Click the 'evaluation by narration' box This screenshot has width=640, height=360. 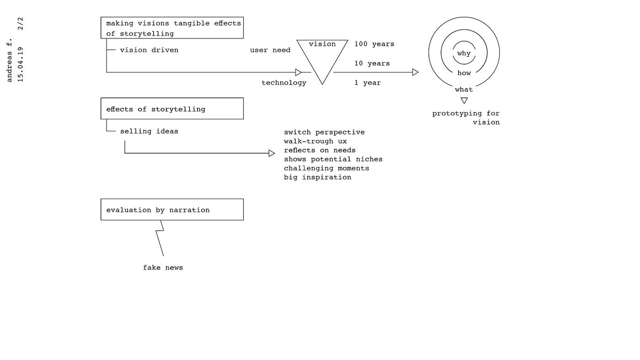point(172,210)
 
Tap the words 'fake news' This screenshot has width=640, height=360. point(163,268)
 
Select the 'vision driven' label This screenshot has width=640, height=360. point(149,50)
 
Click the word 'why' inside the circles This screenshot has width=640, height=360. point(464,53)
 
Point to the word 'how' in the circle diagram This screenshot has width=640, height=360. point(464,73)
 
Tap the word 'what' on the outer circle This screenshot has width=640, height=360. point(464,89)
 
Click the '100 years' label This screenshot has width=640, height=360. point(374,44)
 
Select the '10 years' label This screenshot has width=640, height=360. point(372,63)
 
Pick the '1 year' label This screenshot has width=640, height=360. point(367,83)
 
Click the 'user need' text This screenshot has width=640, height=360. point(270,50)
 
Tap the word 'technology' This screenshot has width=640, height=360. point(283,83)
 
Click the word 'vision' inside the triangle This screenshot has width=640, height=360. point(322,44)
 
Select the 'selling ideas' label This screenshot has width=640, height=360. point(149,131)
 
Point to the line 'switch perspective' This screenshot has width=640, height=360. point(324,132)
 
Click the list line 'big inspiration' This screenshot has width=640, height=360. point(317,177)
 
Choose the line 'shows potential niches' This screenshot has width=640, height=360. point(333,159)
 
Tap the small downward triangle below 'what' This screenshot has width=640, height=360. point(464,101)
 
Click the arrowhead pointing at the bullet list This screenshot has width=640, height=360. point(272,153)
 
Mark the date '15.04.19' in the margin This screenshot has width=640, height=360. point(20,64)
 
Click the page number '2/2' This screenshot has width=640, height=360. point(20,24)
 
